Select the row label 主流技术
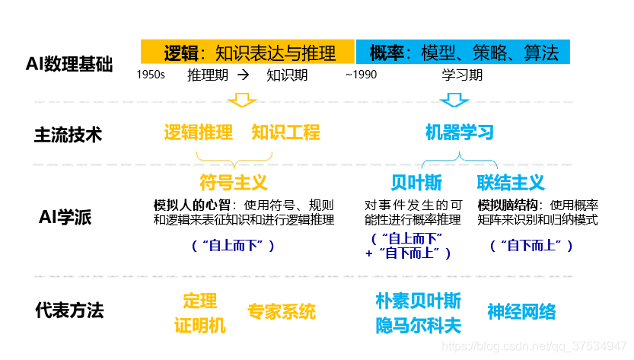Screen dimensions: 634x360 [68, 135]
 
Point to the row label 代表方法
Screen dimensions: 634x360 [68, 310]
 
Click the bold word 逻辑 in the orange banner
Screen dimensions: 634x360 [181, 53]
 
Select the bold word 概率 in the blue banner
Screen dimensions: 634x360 [386, 53]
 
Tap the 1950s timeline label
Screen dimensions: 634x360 [151, 75]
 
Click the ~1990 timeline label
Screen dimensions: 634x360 [360, 75]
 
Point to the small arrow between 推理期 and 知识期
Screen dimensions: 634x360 [243, 75]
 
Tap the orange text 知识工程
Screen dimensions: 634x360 [286, 132]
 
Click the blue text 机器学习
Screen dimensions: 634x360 [459, 133]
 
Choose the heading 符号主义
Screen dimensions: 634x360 [234, 183]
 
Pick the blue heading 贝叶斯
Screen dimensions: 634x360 [416, 183]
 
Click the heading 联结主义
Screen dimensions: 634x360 [511, 183]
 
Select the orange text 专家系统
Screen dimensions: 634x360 [281, 311]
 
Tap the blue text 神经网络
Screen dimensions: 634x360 [521, 311]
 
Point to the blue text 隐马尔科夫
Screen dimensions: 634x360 [418, 326]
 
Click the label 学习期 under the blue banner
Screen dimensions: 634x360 [462, 75]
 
